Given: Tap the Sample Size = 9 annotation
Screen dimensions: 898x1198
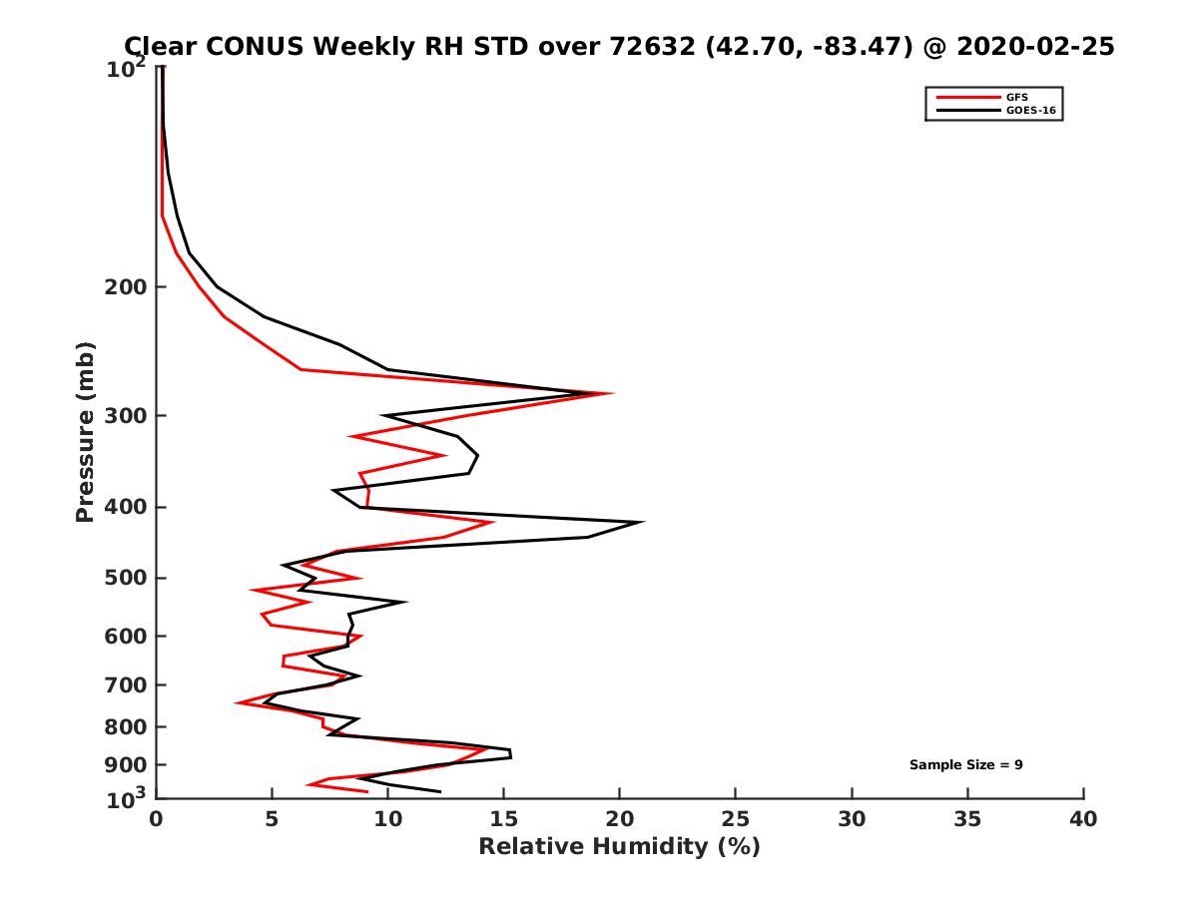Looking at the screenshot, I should click(x=965, y=765).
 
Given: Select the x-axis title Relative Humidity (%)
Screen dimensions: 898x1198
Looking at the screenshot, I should click(x=619, y=847).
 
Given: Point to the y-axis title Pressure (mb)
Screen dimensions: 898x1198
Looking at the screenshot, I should click(x=85, y=431).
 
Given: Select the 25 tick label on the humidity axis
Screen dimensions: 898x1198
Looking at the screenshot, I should click(x=736, y=820).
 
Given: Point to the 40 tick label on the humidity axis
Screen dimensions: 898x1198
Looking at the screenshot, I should click(x=1083, y=820).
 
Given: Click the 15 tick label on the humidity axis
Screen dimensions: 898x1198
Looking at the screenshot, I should click(x=504, y=820).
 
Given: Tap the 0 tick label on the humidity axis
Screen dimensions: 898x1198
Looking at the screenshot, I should click(x=157, y=820).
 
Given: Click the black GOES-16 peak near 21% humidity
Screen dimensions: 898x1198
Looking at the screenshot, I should click(x=643, y=522).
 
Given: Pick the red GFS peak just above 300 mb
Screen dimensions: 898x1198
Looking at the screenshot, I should click(x=611, y=393).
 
